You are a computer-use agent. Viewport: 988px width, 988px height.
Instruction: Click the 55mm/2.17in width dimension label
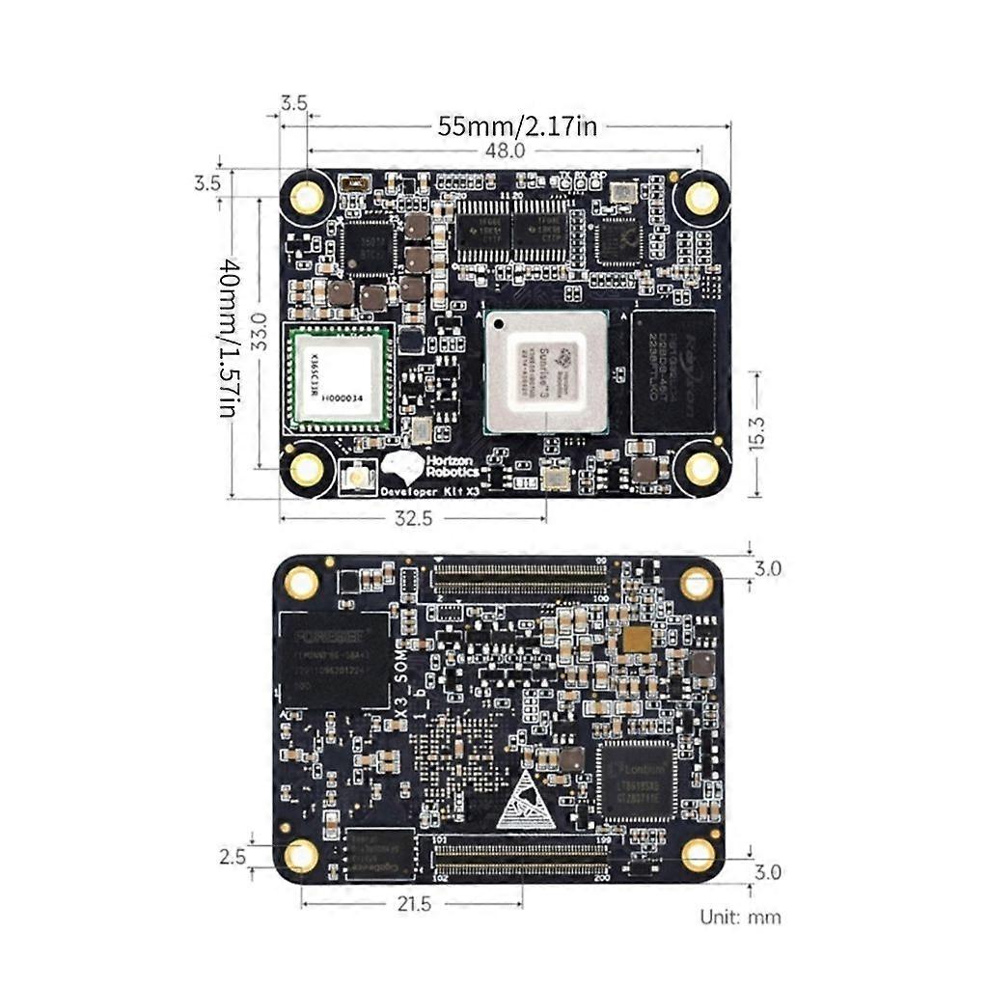click(517, 125)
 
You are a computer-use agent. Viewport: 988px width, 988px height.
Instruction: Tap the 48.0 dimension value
click(505, 150)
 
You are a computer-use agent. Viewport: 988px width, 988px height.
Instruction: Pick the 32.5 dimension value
click(412, 518)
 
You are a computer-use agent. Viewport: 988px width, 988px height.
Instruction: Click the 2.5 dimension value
click(232, 856)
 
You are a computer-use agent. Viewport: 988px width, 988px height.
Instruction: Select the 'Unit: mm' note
click(741, 916)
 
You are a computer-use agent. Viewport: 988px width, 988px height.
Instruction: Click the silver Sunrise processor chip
click(546, 371)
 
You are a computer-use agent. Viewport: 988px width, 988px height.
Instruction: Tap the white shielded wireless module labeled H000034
click(337, 378)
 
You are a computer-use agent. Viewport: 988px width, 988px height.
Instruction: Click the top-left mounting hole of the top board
click(308, 198)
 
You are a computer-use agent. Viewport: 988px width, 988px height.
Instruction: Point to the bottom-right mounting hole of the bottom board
click(698, 855)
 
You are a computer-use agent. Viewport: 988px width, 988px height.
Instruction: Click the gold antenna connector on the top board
click(358, 477)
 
